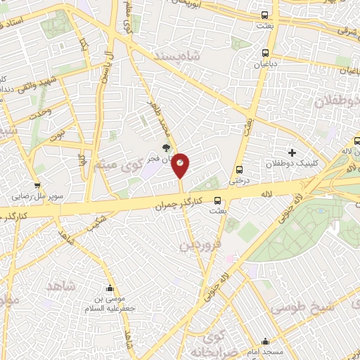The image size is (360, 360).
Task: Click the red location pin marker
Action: coord(181,165)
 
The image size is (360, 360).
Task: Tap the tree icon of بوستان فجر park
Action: coord(166,148)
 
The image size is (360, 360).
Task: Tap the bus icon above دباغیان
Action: coord(265,53)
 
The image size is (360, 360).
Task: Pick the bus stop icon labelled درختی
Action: coord(240,169)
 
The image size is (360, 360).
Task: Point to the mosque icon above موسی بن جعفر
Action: coord(110,288)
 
